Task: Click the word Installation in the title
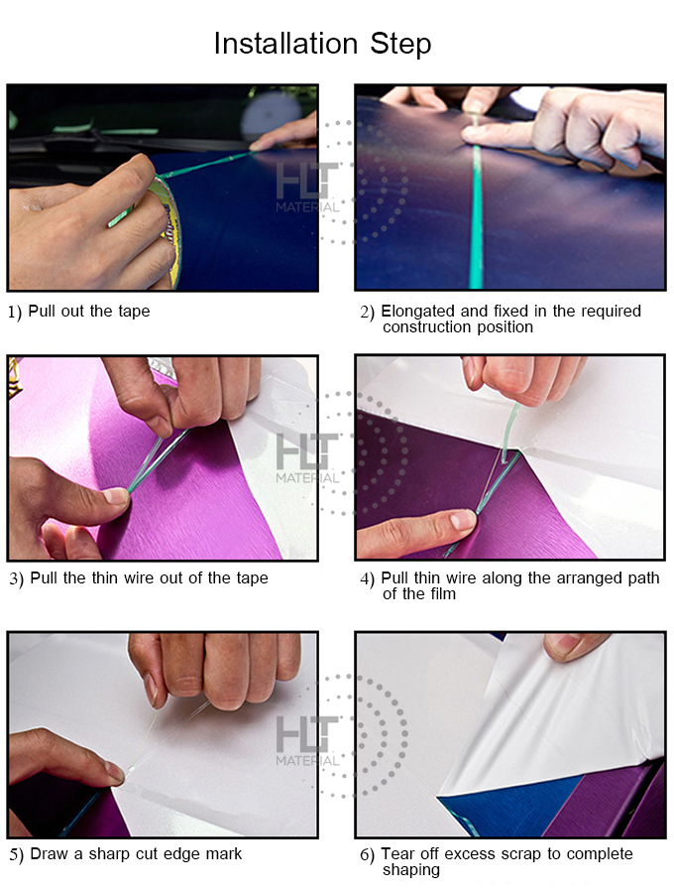tap(285, 44)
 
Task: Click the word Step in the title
tap(401, 45)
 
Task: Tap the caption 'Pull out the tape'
tap(89, 312)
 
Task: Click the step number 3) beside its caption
tap(16, 578)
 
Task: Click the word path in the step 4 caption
tap(643, 578)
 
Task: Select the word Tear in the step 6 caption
tap(396, 854)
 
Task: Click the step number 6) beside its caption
tap(367, 854)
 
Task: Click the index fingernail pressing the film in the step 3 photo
tap(116, 495)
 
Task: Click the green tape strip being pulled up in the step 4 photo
tap(508, 432)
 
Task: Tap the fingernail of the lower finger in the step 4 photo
tap(463, 519)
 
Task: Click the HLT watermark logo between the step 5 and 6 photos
tap(307, 740)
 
